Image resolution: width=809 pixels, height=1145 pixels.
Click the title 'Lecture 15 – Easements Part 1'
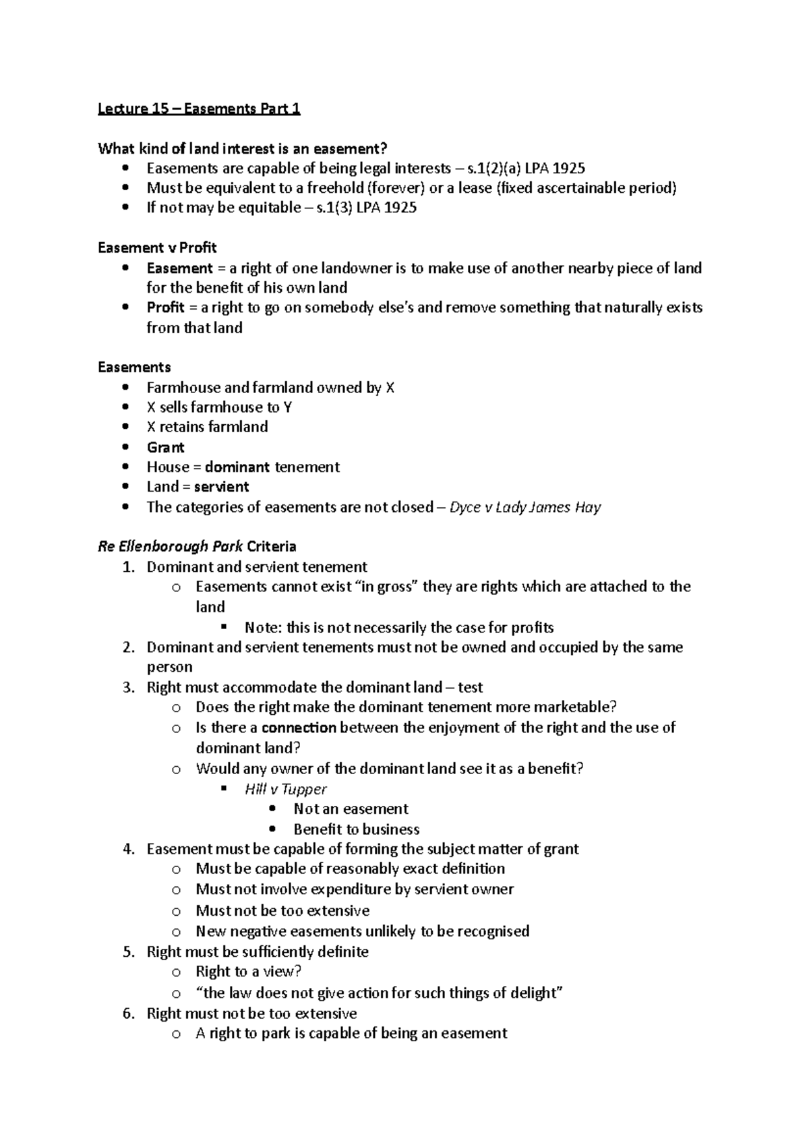[199, 109]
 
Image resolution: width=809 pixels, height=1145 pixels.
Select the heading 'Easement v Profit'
[157, 247]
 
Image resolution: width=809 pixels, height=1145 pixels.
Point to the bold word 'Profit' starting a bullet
[165, 307]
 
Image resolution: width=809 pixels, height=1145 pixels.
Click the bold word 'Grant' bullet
[165, 447]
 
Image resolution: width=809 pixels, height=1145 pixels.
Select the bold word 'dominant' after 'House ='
[237, 467]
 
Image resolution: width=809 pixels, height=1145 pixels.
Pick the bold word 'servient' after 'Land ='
[221, 487]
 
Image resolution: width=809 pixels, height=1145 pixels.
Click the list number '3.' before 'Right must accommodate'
[129, 687]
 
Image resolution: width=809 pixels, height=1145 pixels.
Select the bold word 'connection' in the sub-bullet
[299, 728]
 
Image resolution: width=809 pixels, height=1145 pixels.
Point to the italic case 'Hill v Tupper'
[285, 789]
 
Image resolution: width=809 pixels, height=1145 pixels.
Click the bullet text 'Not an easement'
[351, 809]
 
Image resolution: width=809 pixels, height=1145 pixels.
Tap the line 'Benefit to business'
[356, 829]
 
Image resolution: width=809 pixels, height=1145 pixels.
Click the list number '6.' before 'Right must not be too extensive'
[129, 1013]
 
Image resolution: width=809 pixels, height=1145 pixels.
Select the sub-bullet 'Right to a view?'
[248, 972]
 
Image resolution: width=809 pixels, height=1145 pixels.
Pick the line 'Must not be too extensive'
[282, 910]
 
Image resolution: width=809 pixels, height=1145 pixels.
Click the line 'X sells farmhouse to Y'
[219, 407]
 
